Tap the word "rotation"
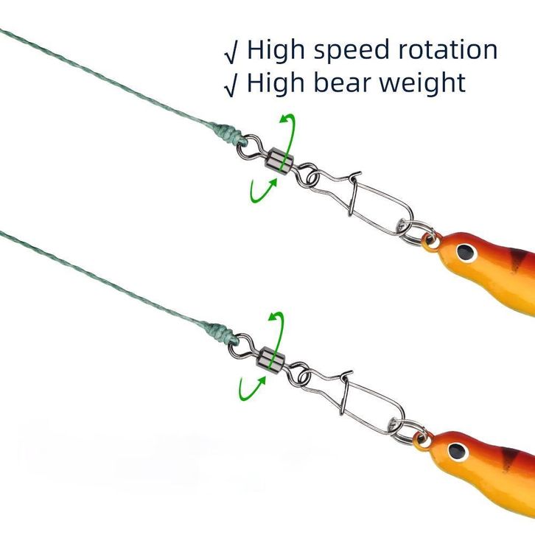click(448, 50)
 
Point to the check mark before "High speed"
click(231, 55)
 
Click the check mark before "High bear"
click(231, 88)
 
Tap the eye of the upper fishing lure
click(466, 253)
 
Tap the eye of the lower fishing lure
click(457, 452)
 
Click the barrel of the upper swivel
click(279, 161)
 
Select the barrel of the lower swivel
click(271, 360)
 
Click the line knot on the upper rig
click(228, 134)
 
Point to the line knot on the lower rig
click(220, 332)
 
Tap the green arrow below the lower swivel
click(250, 390)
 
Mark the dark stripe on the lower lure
click(509, 459)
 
